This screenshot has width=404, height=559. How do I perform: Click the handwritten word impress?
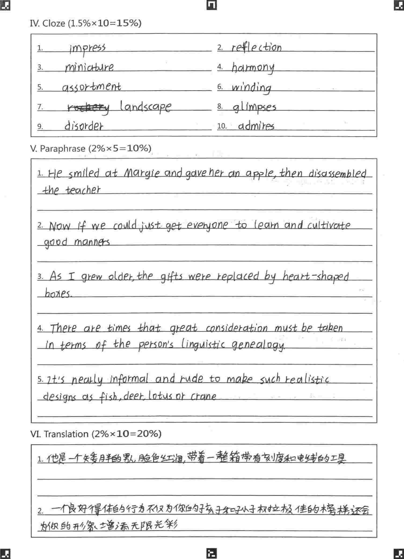[x=87, y=49]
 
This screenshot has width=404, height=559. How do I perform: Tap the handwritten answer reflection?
[x=256, y=48]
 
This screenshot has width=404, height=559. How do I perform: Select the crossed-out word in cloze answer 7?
[x=88, y=108]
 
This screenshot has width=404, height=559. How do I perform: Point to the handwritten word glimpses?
[x=254, y=107]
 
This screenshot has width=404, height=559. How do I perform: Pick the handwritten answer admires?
[x=256, y=126]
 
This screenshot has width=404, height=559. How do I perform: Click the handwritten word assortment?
[x=91, y=87]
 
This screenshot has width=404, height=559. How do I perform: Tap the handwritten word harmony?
[x=253, y=68]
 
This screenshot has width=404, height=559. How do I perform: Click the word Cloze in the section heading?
[x=54, y=23]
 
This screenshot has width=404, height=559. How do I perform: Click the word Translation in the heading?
[x=66, y=434]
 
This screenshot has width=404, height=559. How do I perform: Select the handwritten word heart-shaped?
[x=315, y=277]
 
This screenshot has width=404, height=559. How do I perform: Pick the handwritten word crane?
[x=203, y=396]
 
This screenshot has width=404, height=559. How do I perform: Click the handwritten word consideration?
[x=237, y=328]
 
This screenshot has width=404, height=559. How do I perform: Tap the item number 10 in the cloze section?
[x=222, y=126]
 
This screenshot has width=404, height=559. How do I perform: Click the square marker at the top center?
[x=212, y=5]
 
